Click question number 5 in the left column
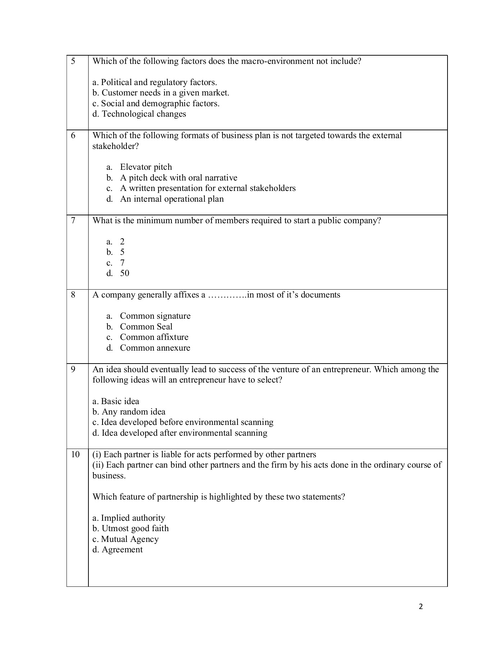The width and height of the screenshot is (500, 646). point(73,61)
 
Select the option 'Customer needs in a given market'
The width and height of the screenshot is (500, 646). point(161,93)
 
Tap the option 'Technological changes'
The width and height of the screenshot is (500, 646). point(139,114)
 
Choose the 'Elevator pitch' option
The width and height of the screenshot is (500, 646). point(146,167)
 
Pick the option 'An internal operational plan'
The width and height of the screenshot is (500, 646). point(171,199)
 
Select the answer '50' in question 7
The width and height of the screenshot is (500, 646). point(124,273)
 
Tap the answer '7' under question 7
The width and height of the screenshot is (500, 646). point(122,263)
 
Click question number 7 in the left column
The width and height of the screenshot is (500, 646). point(73,220)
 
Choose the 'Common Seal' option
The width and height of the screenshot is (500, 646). point(146,327)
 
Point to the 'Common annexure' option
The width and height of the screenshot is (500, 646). point(155,348)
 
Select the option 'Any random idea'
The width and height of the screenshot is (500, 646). point(129,412)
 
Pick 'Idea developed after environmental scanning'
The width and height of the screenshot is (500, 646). point(180,433)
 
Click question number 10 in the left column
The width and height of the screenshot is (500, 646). point(75,454)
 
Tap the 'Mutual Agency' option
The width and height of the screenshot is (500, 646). point(125,539)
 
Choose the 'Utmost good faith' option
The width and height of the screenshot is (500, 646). point(130,528)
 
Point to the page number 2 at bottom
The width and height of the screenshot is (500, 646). point(421,607)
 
